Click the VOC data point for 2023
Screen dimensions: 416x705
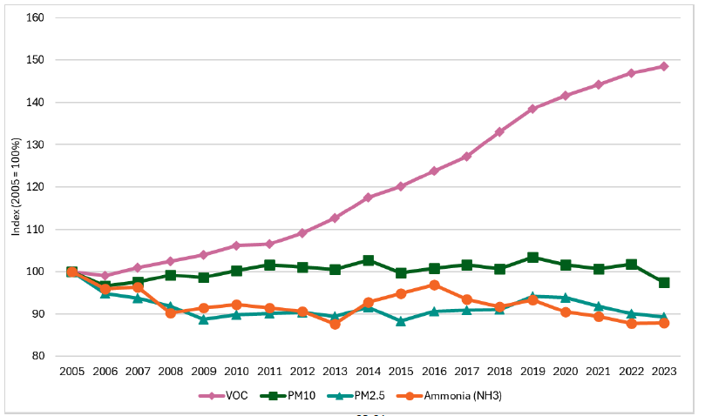tap(664, 66)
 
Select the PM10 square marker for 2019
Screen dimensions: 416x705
tap(532, 258)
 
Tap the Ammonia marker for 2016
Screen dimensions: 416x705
tap(434, 285)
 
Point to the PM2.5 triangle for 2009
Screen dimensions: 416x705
tap(203, 319)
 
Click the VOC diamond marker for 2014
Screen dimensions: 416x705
tap(368, 198)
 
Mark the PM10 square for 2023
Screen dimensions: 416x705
tap(664, 283)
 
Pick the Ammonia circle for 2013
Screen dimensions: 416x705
tap(335, 324)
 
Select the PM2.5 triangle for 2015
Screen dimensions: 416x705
tap(401, 320)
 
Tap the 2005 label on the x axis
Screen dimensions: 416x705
tap(71, 372)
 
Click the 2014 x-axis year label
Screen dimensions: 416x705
tap(368, 372)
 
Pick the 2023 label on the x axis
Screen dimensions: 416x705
tap(664, 372)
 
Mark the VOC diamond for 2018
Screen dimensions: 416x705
tap(499, 132)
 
